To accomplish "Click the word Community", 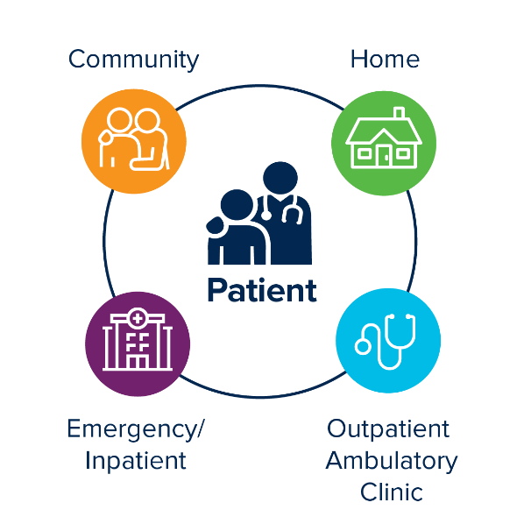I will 134,60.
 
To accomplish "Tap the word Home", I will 385,60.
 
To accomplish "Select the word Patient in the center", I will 261,290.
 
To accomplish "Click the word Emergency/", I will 136,429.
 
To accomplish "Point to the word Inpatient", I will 136,460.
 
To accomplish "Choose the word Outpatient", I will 388,429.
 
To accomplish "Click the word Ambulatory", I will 391,460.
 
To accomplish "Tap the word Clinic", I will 391,491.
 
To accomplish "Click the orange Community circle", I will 134,140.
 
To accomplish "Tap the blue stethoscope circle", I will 388,342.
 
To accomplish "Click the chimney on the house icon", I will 400,115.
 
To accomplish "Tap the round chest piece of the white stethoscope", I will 363,347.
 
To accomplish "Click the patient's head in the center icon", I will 237,207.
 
